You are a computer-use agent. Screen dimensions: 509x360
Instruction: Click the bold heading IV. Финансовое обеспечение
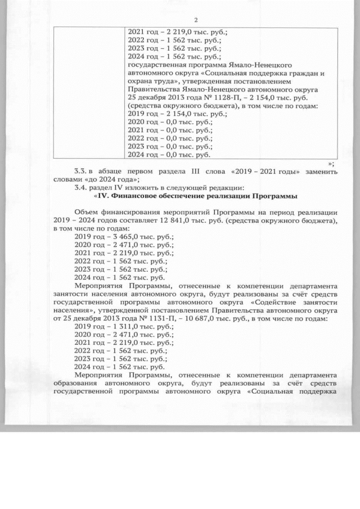pos(195,196)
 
